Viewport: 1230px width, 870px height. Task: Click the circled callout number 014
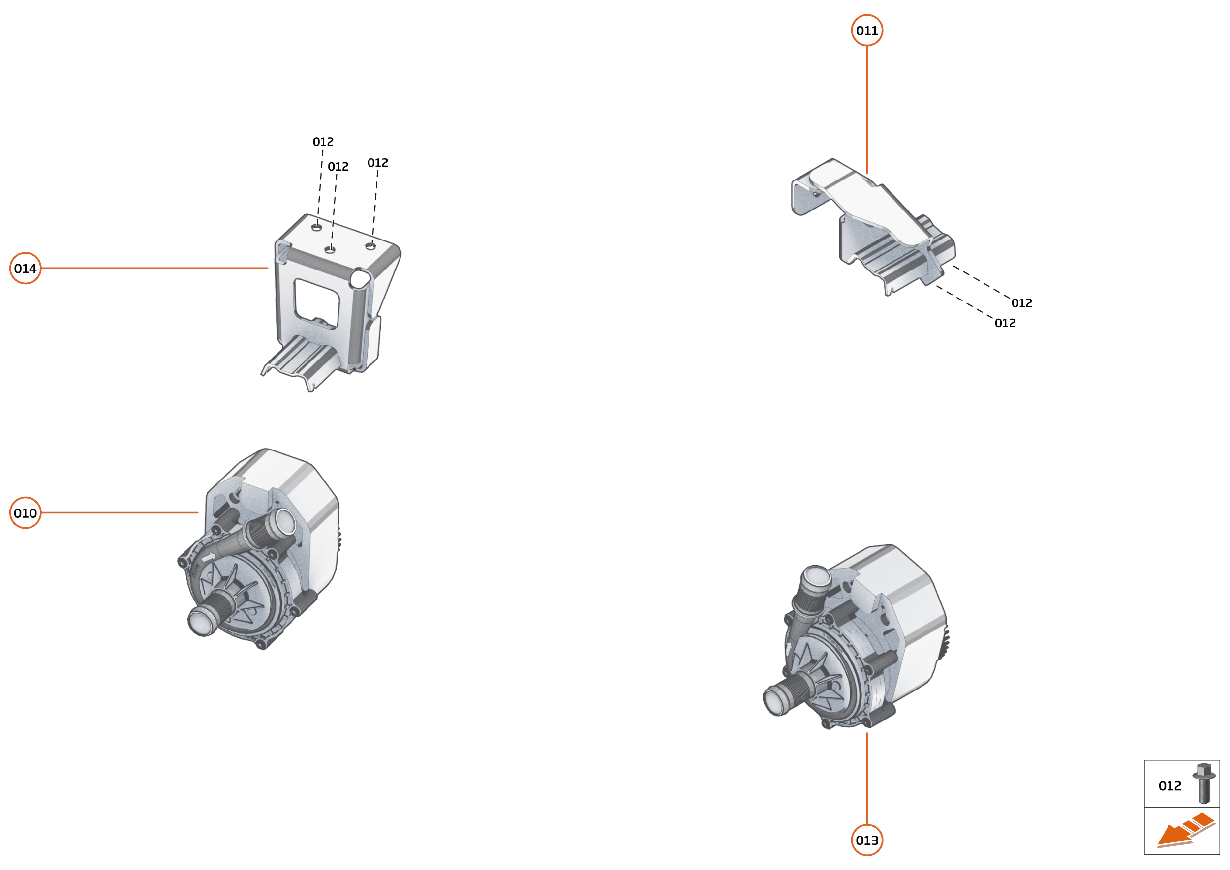[x=25, y=269]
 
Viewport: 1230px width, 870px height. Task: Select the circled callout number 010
[x=25, y=513]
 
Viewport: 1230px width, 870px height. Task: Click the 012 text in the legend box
[x=1169, y=786]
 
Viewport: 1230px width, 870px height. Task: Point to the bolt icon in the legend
[x=1203, y=783]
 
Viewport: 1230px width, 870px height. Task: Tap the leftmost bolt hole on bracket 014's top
[x=317, y=228]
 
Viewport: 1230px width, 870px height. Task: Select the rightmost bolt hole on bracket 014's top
[x=370, y=246]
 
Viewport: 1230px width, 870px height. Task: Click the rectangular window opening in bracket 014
[x=316, y=301]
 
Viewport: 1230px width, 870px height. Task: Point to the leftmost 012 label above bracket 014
[x=323, y=142]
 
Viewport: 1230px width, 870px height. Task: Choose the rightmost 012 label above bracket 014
[x=378, y=163]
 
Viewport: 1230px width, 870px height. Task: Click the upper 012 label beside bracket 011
[x=1021, y=303]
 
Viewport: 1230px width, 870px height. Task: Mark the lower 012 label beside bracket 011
[x=1005, y=323]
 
